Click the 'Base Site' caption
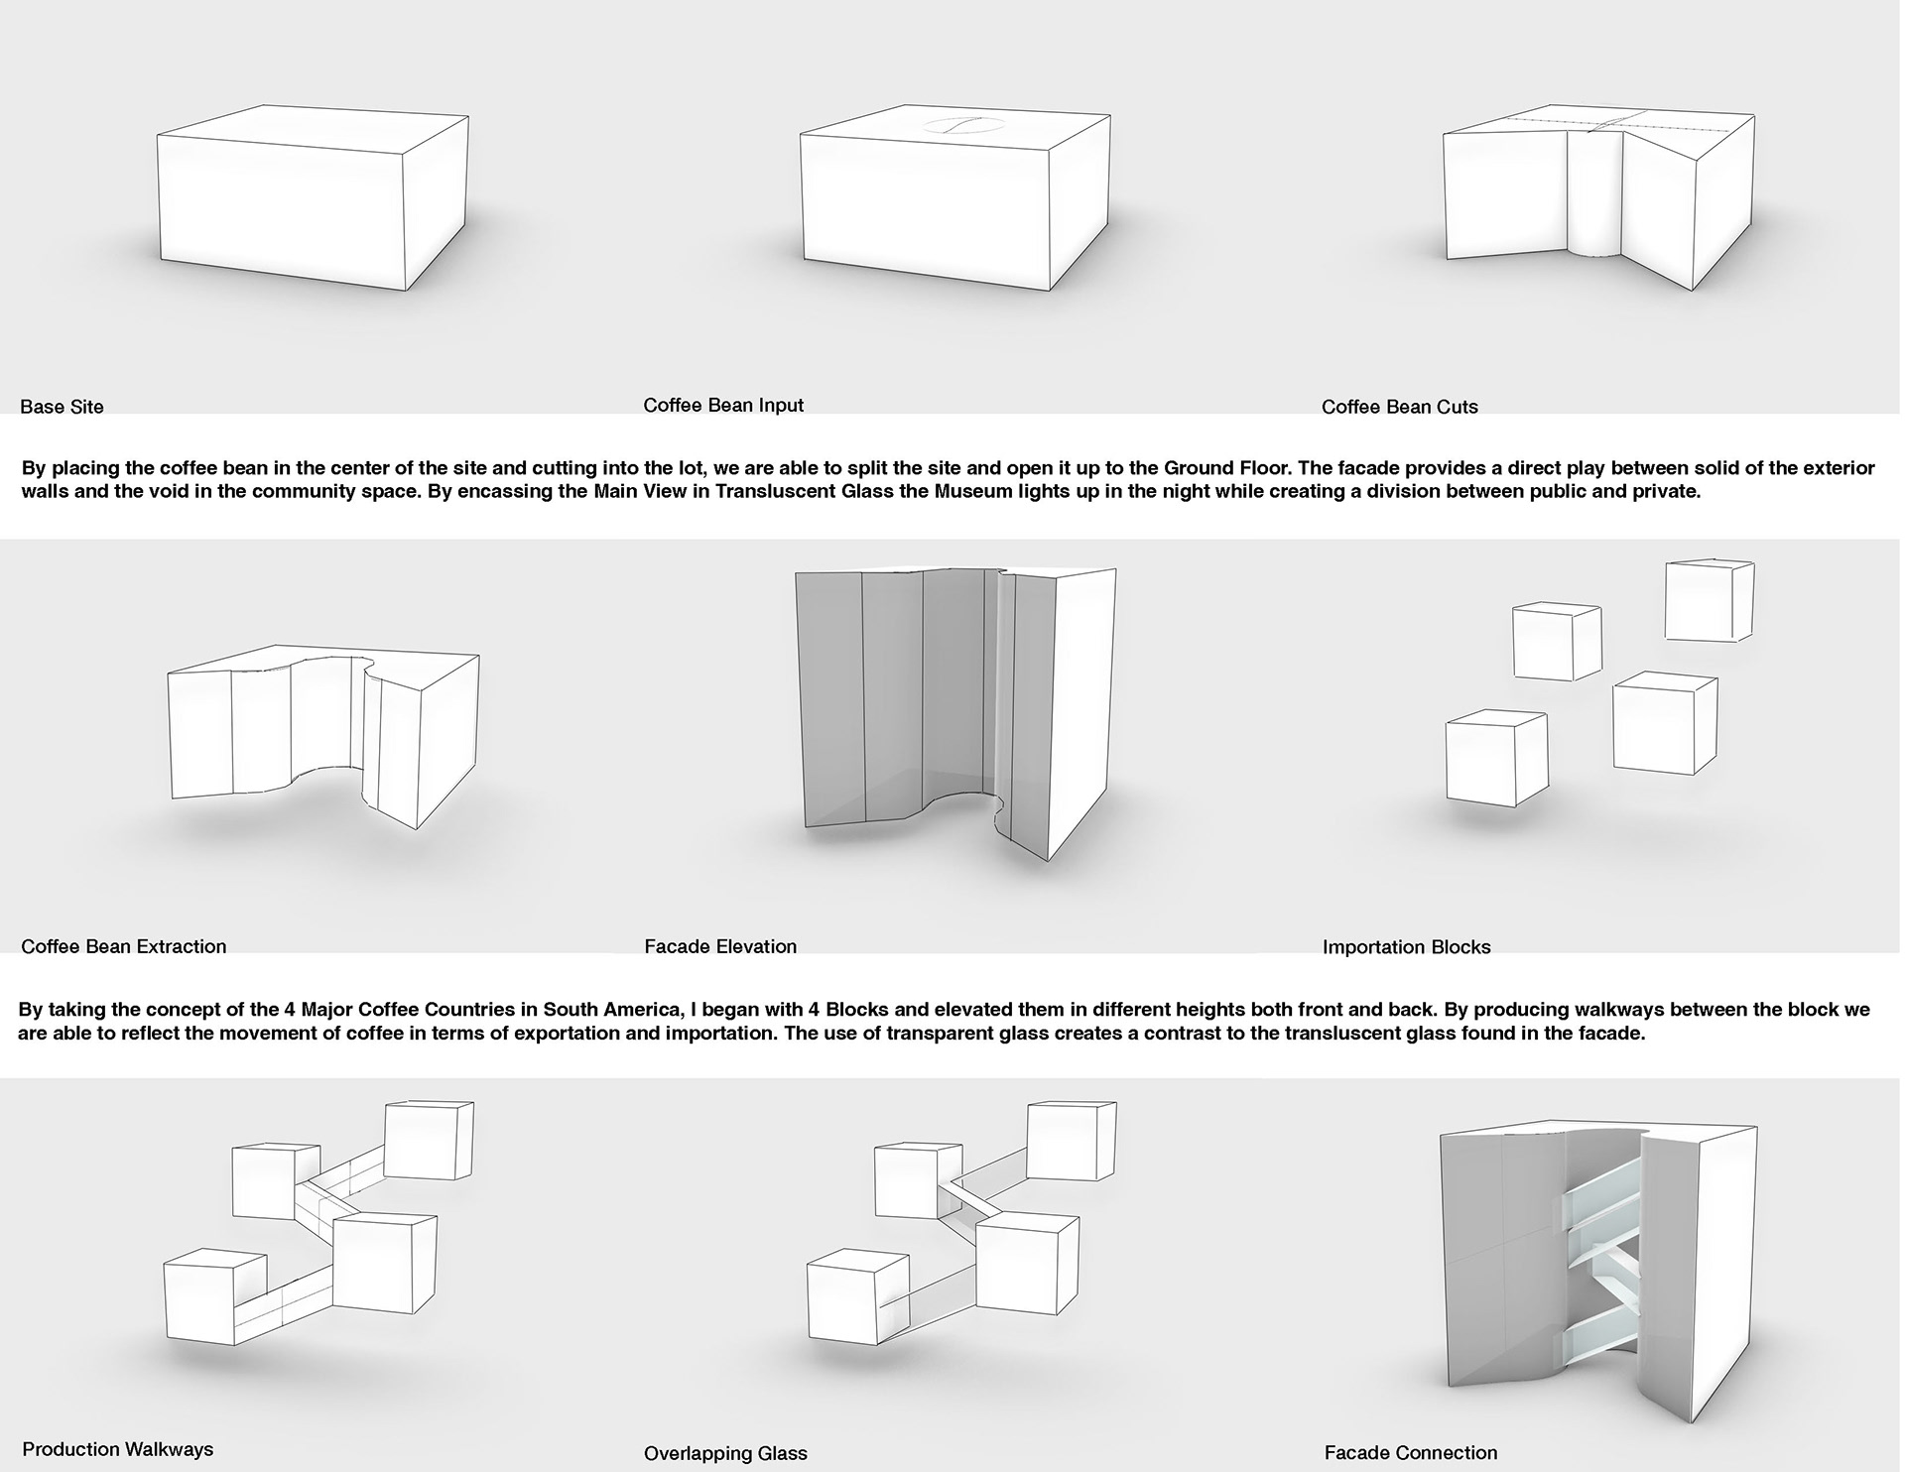62,407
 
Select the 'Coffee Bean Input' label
723,405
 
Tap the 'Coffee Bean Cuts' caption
1399,407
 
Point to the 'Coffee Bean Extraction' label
124,946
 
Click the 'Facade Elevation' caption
720,946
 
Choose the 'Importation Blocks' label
1406,947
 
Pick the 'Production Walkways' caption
118,1449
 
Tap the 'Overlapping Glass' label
725,1454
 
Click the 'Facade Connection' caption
1410,1453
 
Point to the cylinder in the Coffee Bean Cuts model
1594,193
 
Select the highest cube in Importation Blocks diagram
1709,600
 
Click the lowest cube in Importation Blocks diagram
1495,759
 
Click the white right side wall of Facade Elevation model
1083,714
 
